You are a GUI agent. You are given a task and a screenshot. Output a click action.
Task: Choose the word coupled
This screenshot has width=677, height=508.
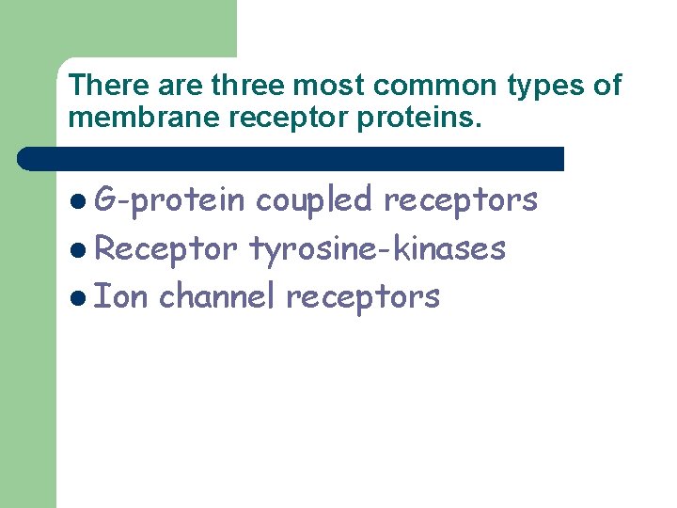pos(314,199)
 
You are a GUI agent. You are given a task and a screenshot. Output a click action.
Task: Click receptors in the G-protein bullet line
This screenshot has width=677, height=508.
pos(461,199)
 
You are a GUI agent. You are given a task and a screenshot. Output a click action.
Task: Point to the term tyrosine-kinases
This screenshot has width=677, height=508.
pos(377,248)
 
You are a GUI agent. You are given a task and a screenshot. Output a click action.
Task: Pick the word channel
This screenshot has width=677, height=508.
pos(217,296)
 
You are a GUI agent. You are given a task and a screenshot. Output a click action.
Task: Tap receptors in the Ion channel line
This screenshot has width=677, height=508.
pos(363,297)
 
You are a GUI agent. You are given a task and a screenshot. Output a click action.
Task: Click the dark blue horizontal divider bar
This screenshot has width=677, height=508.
pos(291,158)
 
